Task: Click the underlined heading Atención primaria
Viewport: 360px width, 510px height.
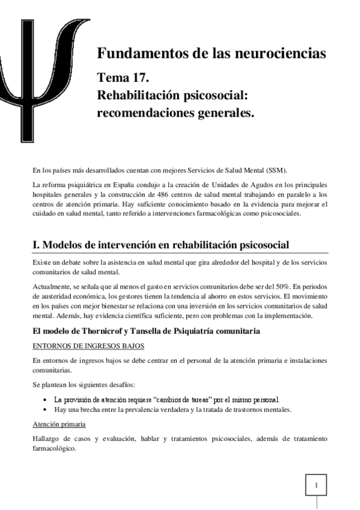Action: tap(59, 423)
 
